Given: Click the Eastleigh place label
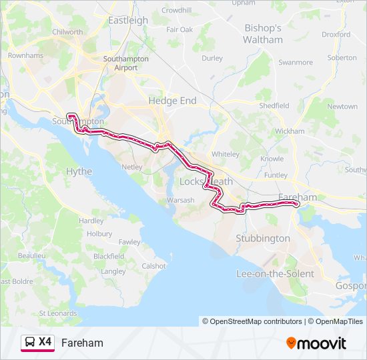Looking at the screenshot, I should click(x=127, y=20).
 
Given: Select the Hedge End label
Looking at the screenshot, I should click(x=172, y=100).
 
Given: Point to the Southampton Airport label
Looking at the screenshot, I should click(x=120, y=63).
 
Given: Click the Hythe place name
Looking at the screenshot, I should click(x=79, y=171).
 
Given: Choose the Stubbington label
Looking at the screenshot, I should click(x=263, y=238).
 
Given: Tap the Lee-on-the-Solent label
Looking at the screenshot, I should click(x=275, y=274).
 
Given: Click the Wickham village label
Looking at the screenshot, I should click(x=289, y=131).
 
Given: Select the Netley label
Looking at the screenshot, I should click(x=133, y=167).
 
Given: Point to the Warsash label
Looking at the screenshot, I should click(x=180, y=200).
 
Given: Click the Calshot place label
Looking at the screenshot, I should click(x=153, y=266).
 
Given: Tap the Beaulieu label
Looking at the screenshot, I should click(x=31, y=255).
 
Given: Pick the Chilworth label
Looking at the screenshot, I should click(x=67, y=31).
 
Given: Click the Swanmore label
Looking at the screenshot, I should click(x=295, y=63).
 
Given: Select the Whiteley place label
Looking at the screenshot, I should click(x=225, y=154).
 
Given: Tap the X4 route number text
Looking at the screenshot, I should click(x=45, y=342).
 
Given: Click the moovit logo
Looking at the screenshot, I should click(x=316, y=343).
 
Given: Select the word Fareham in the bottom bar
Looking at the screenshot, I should click(x=82, y=343).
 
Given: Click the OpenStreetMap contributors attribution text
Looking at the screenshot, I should click(x=256, y=321).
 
